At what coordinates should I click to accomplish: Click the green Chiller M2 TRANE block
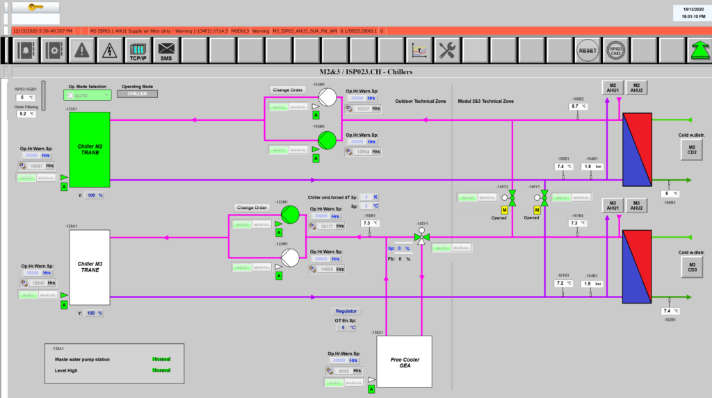click(x=90, y=149)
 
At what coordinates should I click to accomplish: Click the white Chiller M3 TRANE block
click(x=90, y=267)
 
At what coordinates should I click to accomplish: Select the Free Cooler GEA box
click(x=405, y=362)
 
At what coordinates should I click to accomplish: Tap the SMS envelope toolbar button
click(x=165, y=51)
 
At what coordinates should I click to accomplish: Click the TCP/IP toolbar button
click(x=138, y=51)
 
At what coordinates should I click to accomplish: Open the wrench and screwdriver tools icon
click(x=446, y=51)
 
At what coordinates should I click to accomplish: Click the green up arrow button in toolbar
click(x=696, y=51)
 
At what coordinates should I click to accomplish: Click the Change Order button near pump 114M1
click(x=288, y=90)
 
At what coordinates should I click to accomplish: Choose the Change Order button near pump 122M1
click(x=252, y=207)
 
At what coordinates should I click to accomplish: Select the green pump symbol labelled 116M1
click(x=327, y=140)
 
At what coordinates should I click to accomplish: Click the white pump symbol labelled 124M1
click(x=290, y=258)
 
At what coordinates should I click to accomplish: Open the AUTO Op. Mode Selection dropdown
click(x=88, y=94)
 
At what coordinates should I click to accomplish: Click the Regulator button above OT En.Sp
click(x=346, y=311)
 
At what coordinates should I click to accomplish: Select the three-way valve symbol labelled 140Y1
click(x=420, y=238)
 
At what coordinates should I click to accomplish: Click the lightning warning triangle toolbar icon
click(x=109, y=51)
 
